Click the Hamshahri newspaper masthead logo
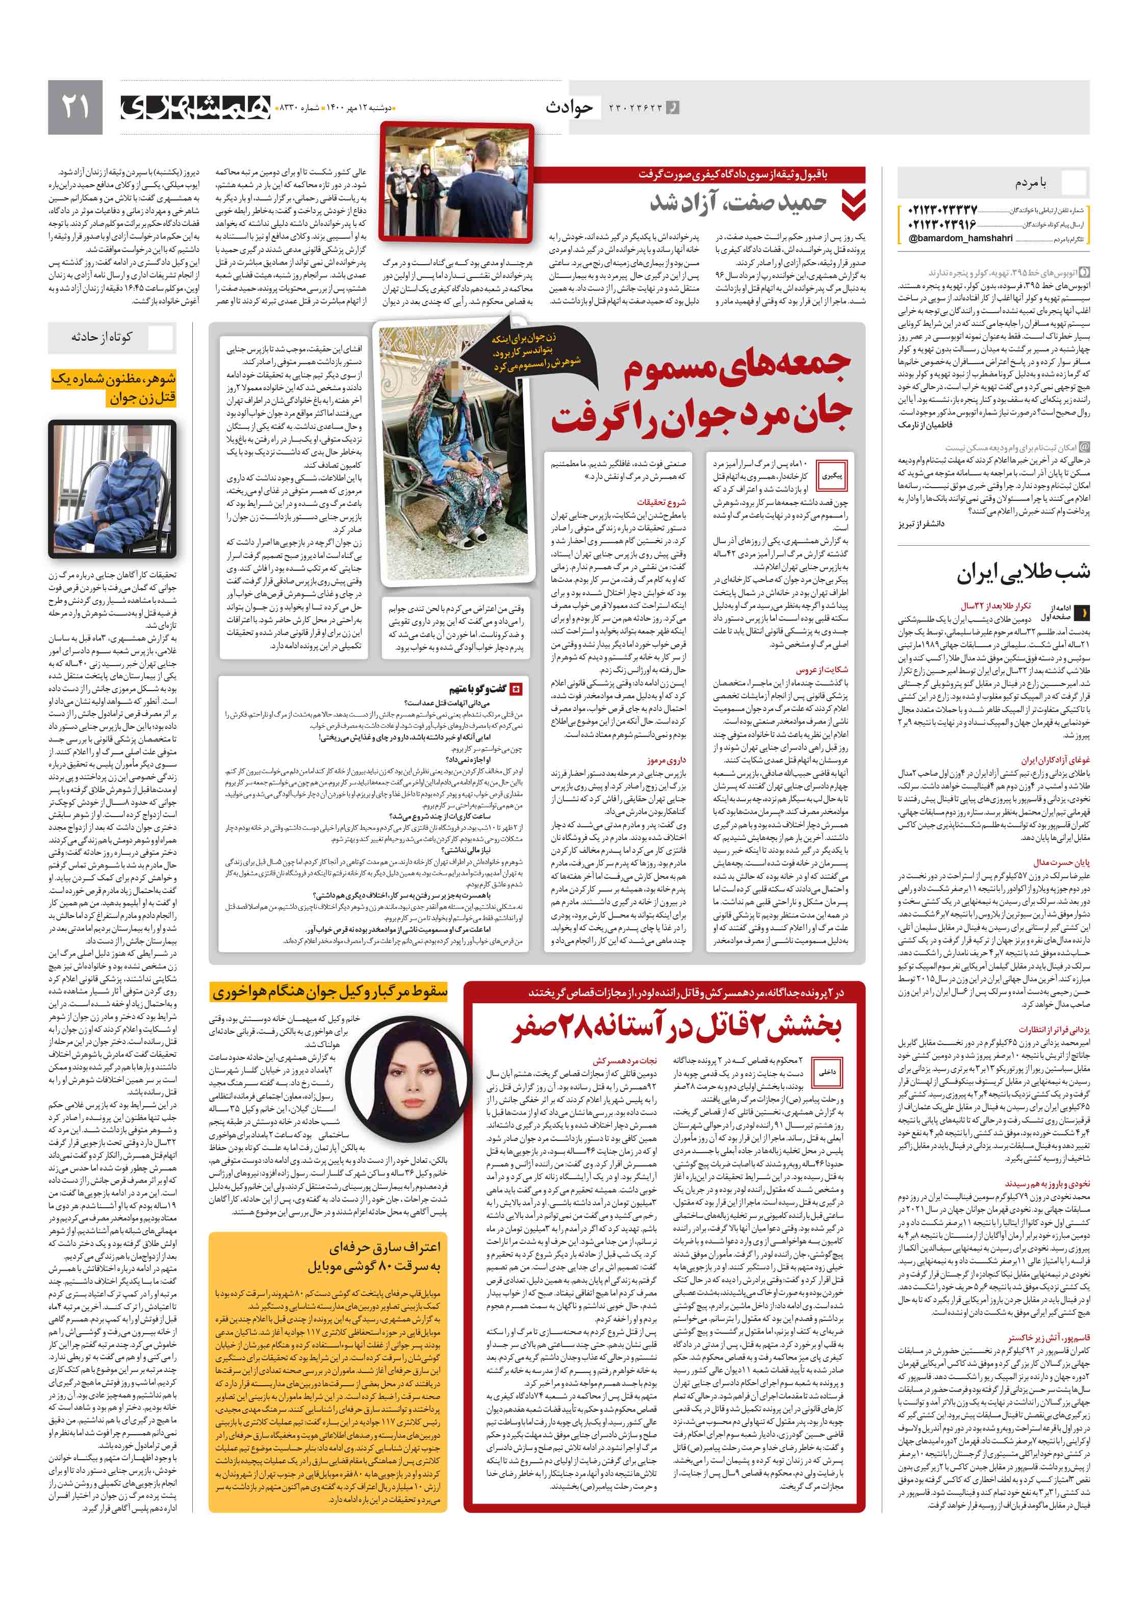[x=195, y=107]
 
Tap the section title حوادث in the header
[x=569, y=107]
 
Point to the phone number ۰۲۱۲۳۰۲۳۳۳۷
[x=942, y=210]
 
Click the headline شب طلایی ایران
[x=1023, y=572]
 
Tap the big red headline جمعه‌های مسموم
[x=736, y=368]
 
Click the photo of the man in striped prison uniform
[x=112, y=488]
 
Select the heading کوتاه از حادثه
[x=101, y=337]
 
